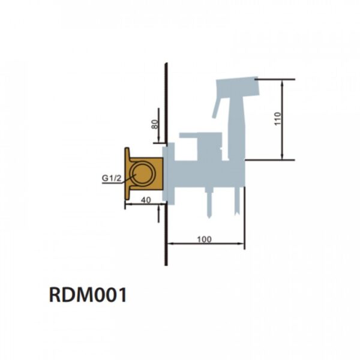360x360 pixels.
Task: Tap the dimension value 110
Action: click(277, 119)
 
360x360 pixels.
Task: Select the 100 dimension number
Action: click(204, 239)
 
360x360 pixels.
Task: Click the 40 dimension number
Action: click(146, 200)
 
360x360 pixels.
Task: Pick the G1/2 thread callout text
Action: click(112, 177)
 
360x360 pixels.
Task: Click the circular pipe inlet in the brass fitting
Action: click(144, 175)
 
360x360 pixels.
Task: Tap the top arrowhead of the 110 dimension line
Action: click(282, 82)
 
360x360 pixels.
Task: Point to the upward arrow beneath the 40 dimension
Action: click(158, 209)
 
